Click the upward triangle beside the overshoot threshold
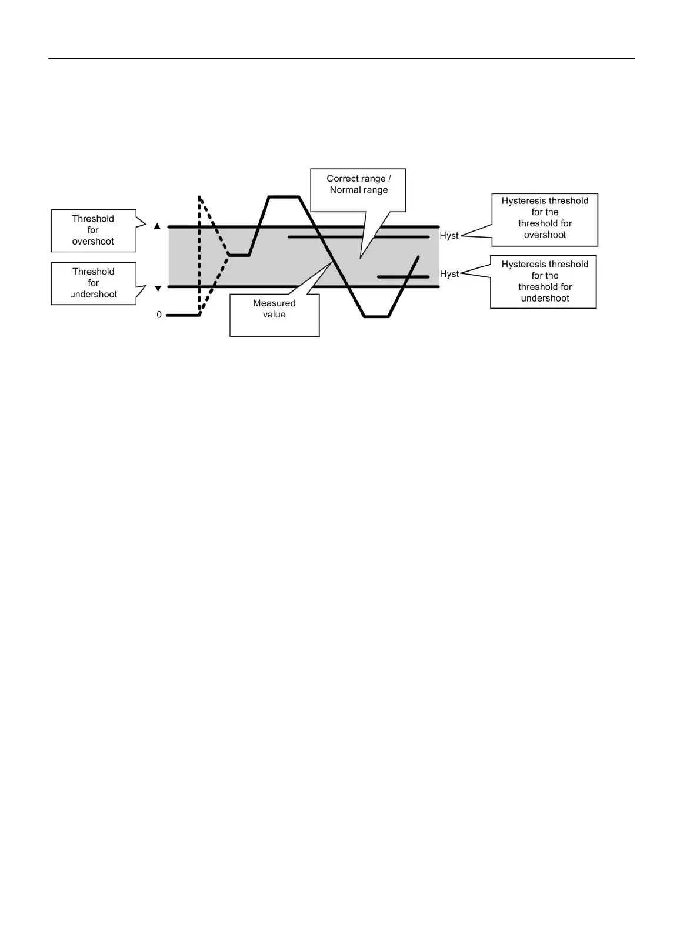(157, 226)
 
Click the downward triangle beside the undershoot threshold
(157, 288)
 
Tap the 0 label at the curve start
(159, 315)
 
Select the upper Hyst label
(449, 236)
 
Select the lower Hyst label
(449, 274)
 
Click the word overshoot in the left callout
(93, 241)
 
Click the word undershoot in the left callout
(94, 294)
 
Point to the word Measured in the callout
(274, 303)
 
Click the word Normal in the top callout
(345, 190)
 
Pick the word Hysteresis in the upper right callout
(524, 201)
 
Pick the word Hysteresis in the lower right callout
(524, 265)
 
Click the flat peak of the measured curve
(284, 197)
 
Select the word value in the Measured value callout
(274, 315)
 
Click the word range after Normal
(376, 190)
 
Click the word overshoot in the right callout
(545, 235)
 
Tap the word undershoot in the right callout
(545, 298)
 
